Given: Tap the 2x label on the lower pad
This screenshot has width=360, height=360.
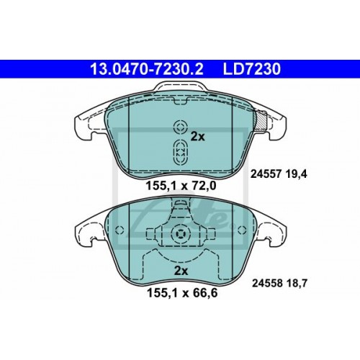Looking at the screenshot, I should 181,271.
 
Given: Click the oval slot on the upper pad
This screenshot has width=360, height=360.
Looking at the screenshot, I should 180,152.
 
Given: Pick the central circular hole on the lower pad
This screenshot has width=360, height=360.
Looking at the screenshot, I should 180,235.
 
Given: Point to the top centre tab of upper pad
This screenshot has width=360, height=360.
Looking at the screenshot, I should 180,90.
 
